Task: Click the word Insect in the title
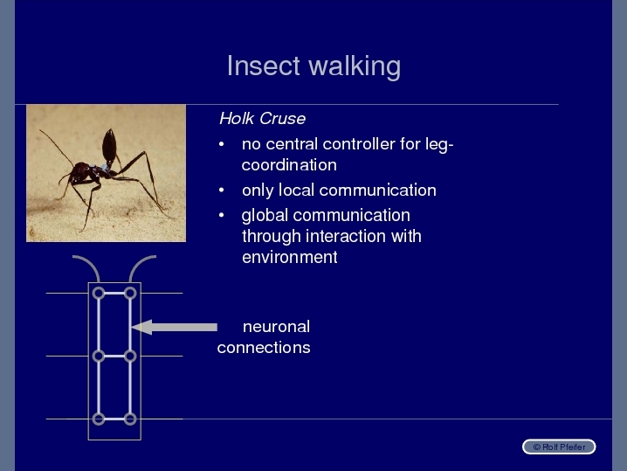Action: point(263,66)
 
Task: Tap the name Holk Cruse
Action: point(262,119)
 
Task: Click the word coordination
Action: point(289,165)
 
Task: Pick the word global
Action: point(265,216)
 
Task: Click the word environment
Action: point(290,257)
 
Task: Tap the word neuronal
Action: point(276,327)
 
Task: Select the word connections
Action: point(264,348)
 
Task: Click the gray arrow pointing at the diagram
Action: point(175,328)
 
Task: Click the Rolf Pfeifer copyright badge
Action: point(559,447)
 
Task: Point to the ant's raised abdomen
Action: point(109,145)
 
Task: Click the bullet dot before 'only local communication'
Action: point(222,190)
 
